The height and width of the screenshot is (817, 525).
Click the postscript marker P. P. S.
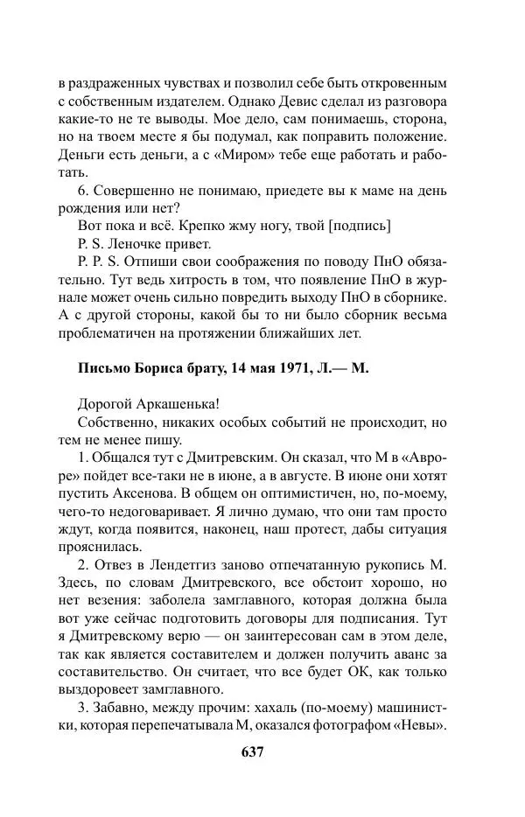click(101, 262)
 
